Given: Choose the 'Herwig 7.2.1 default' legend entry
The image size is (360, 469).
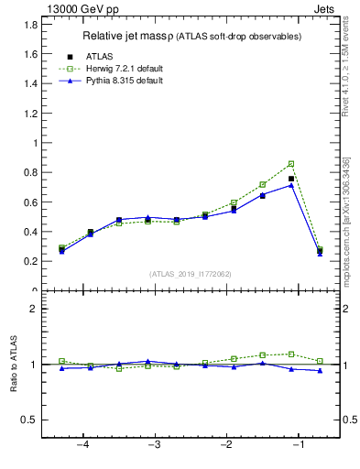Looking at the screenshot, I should click(x=128, y=69).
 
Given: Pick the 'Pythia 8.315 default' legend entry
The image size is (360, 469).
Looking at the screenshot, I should click(x=128, y=81).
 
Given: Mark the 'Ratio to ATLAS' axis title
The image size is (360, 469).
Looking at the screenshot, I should click(x=14, y=365).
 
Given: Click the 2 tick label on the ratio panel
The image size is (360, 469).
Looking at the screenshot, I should click(x=35, y=309).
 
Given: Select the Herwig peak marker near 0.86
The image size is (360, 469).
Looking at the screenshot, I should click(x=291, y=164).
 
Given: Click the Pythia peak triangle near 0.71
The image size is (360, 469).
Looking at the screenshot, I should click(x=291, y=185).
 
